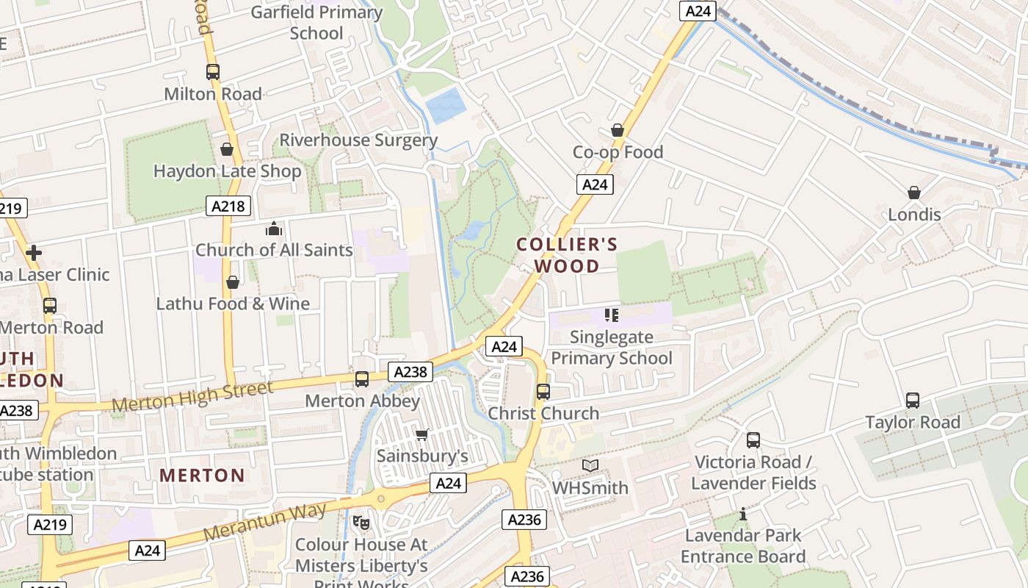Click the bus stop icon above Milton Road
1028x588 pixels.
pos(213,72)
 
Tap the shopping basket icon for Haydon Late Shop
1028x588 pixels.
pos(227,149)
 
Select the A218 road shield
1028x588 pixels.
pos(228,206)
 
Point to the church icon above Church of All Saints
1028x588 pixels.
pos(274,229)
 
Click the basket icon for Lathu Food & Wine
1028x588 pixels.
pos(233,282)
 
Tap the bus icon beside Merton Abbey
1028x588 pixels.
pos(362,379)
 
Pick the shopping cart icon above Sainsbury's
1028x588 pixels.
pos(422,435)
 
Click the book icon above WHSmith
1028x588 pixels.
pos(590,466)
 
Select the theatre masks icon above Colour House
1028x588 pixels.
pos(361,523)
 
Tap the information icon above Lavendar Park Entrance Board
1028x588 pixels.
pos(743,514)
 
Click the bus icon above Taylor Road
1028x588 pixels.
pos(913,401)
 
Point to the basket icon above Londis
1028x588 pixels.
pos(914,193)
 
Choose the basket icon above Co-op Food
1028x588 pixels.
pos(618,130)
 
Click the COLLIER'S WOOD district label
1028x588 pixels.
pos(567,254)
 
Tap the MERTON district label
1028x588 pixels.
pos(202,476)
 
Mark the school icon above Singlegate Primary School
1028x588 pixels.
pos(612,315)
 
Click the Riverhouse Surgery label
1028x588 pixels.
pos(358,140)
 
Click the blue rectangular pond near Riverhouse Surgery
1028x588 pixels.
pos(446,106)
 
